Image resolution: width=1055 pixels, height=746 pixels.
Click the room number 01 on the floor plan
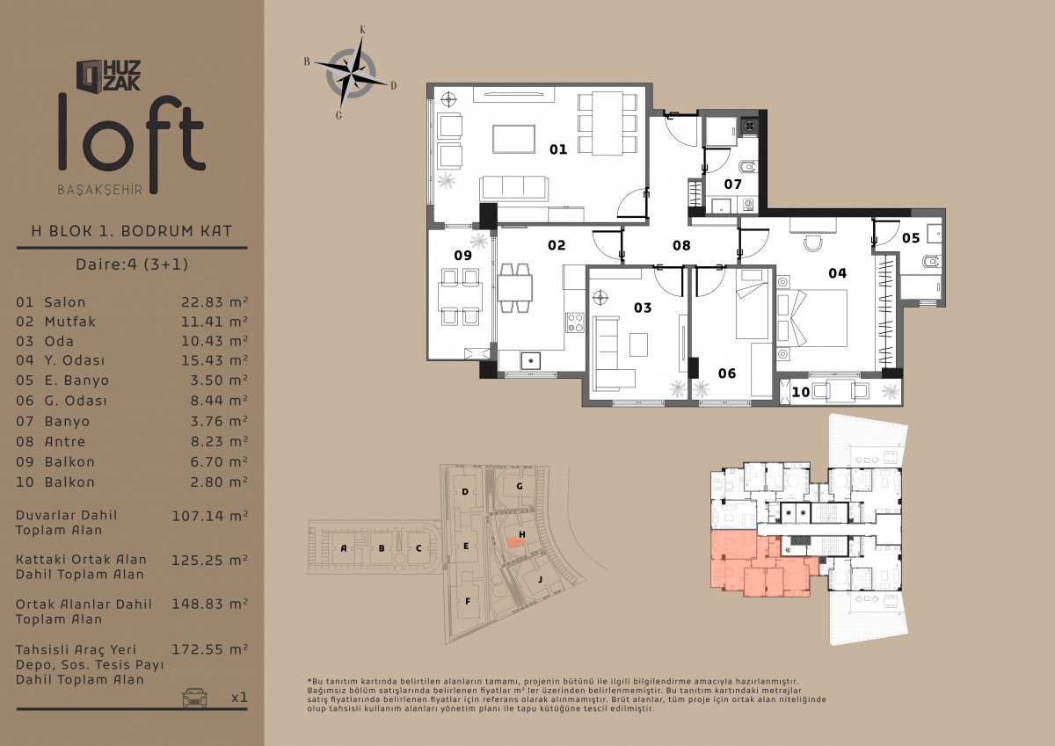(558, 149)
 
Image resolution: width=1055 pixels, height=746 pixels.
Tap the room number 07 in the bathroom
(733, 185)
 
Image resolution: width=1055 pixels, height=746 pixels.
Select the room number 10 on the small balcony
(801, 392)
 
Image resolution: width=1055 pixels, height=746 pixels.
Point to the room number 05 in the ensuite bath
(911, 238)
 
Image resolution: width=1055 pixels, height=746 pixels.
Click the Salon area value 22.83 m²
(215, 301)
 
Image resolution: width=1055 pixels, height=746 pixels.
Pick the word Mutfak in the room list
(70, 322)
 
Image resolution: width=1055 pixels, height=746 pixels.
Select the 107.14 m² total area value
(209, 516)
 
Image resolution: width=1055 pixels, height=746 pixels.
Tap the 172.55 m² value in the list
(209, 649)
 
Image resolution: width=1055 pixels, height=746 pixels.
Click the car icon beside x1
(194, 697)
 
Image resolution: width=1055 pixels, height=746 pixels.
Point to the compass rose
(352, 73)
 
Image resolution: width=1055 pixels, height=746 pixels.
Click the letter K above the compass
(362, 30)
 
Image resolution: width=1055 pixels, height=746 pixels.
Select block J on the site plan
(540, 579)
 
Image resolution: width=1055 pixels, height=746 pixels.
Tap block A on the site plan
(344, 548)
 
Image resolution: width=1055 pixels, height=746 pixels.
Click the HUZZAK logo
(108, 76)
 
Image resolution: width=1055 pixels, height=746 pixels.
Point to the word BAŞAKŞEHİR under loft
(100, 190)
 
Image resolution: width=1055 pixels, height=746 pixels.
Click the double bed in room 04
(811, 318)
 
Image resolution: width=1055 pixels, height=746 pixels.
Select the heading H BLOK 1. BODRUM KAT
(131, 231)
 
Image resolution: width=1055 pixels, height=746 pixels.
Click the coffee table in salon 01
(513, 139)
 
